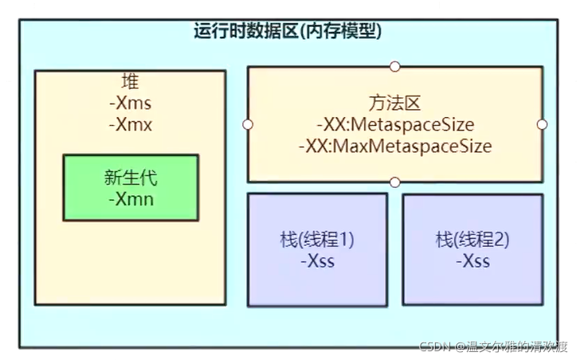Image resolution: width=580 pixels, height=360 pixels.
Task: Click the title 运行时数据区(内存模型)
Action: pos(288,31)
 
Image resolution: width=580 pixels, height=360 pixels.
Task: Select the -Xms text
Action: pos(130,104)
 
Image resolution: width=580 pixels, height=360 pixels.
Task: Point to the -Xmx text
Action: pos(130,124)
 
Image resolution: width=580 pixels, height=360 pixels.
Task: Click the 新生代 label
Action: pos(130,177)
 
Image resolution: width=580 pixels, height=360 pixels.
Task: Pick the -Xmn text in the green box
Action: pos(130,198)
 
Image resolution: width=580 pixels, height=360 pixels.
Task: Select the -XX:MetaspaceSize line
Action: pos(394,125)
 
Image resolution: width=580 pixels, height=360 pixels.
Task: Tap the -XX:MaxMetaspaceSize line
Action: pos(394,147)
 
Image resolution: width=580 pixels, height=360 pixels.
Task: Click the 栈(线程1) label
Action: pos(317,240)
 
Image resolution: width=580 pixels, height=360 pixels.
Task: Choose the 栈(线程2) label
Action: pos(472,240)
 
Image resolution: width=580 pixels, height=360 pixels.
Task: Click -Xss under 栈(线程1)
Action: pos(317,261)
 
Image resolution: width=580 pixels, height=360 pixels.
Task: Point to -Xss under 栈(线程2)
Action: pos(472,261)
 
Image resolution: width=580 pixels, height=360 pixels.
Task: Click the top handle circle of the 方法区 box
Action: pos(395,66)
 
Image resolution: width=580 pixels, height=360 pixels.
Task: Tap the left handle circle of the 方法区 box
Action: pos(248,124)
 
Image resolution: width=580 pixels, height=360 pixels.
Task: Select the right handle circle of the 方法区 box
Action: pos(543,124)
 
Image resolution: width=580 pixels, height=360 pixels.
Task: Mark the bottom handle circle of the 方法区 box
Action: pos(395,182)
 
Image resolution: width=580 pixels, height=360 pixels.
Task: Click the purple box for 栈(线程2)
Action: pos(472,287)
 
